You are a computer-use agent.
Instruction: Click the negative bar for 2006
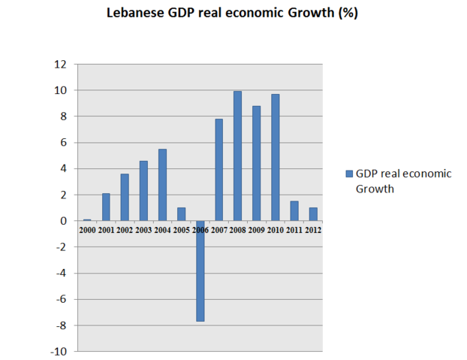tap(200, 271)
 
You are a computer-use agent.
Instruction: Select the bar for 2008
tap(237, 156)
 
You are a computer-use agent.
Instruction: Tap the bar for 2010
tap(275, 157)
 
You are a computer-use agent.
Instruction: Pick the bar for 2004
tap(163, 185)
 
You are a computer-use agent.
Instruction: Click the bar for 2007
tap(219, 170)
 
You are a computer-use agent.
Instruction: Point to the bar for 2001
tap(107, 207)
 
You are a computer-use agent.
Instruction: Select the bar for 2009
tap(256, 163)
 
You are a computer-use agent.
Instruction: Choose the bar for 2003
tap(144, 190)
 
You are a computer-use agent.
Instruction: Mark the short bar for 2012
tap(312, 214)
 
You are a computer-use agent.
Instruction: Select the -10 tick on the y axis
tap(57, 351)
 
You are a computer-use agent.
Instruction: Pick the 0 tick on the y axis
tap(62, 221)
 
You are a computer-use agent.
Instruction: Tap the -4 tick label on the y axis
tap(60, 273)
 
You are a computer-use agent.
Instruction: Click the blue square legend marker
tap(348, 174)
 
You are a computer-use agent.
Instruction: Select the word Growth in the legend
tap(375, 189)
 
